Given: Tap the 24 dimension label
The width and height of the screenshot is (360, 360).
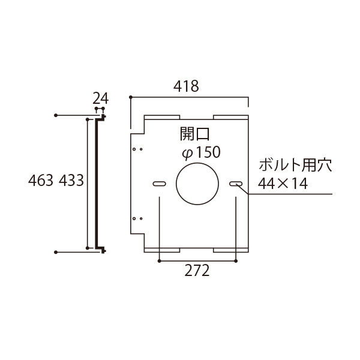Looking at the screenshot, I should click(100, 98).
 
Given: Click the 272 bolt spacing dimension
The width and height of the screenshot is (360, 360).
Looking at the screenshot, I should click(197, 271).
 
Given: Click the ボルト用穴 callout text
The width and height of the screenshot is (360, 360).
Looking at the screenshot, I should click(295, 165).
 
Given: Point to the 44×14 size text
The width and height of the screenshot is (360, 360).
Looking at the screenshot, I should click(283, 184).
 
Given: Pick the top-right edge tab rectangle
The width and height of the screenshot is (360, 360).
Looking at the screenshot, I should click(230, 116).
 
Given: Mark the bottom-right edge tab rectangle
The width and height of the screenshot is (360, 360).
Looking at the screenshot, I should click(230, 248).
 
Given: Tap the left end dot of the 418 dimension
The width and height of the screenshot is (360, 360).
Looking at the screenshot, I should click(131, 96).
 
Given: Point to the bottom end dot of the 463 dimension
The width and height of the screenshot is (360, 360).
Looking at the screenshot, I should click(56, 253).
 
